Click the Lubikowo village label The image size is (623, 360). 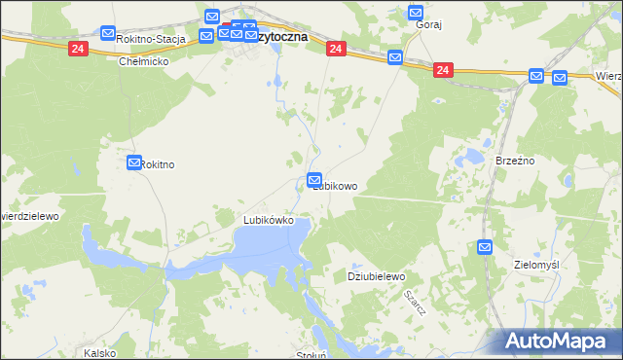(337, 186)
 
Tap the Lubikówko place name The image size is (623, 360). (269, 221)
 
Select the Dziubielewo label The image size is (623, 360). (376, 277)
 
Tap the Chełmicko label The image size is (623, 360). (144, 61)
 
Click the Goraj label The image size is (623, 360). (429, 25)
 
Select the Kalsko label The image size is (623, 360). (100, 353)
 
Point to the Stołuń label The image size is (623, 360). (311, 355)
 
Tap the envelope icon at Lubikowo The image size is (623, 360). (314, 179)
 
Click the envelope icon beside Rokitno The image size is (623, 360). (134, 163)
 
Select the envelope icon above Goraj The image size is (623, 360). (416, 14)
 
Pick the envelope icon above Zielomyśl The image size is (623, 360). (486, 248)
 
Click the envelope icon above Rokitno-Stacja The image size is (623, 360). (108, 34)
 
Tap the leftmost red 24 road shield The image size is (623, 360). (77, 48)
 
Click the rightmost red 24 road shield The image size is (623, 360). (443, 70)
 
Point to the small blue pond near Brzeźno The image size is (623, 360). (475, 156)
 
